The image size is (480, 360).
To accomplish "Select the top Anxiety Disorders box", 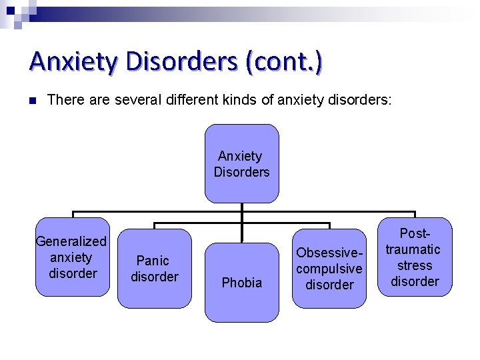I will pyautogui.click(x=241, y=163).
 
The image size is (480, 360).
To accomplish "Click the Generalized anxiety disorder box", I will pyautogui.click(x=73, y=257).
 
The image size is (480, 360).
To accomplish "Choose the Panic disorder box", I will pyautogui.click(x=154, y=268).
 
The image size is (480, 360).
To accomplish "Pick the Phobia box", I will pyautogui.click(x=241, y=283).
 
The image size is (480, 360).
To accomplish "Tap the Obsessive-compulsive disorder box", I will pyautogui.click(x=329, y=268).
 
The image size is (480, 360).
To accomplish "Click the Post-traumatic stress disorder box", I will pyautogui.click(x=415, y=257).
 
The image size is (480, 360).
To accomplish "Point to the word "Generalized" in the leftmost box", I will pyautogui.click(x=71, y=241).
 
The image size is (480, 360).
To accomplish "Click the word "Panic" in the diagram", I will pyautogui.click(x=153, y=260).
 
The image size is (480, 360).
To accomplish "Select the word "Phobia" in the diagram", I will pyautogui.click(x=241, y=283).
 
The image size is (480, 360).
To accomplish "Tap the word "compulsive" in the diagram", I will pyautogui.click(x=329, y=269).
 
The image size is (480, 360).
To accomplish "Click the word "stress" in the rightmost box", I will pyautogui.click(x=415, y=265).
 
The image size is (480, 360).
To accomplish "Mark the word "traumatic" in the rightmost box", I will pyautogui.click(x=413, y=249).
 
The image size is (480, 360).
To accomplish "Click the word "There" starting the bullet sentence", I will pyautogui.click(x=65, y=100).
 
